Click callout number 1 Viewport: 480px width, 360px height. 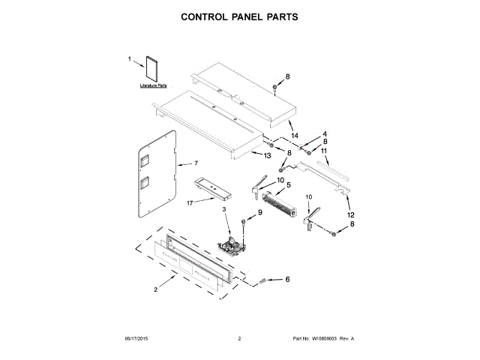[x=129, y=58]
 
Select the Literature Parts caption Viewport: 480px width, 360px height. [x=153, y=88]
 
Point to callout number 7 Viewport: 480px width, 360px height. [x=196, y=163]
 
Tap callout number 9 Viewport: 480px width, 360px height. [x=260, y=213]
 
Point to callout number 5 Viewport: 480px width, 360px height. [x=288, y=184]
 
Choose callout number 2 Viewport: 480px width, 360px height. [x=156, y=289]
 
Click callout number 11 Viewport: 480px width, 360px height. [x=325, y=151]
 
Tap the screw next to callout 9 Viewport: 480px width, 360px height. [x=244, y=223]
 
